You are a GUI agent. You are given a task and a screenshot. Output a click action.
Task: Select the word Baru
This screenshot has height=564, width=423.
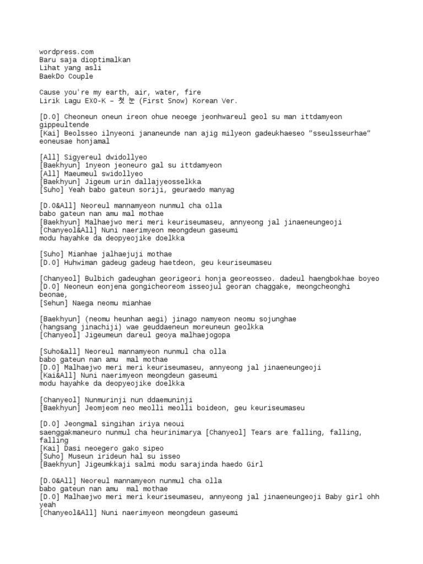48,60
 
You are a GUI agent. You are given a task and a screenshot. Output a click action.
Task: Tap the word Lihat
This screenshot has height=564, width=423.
50,68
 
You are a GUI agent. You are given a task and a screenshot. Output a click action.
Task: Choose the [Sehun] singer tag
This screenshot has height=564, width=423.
54,303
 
